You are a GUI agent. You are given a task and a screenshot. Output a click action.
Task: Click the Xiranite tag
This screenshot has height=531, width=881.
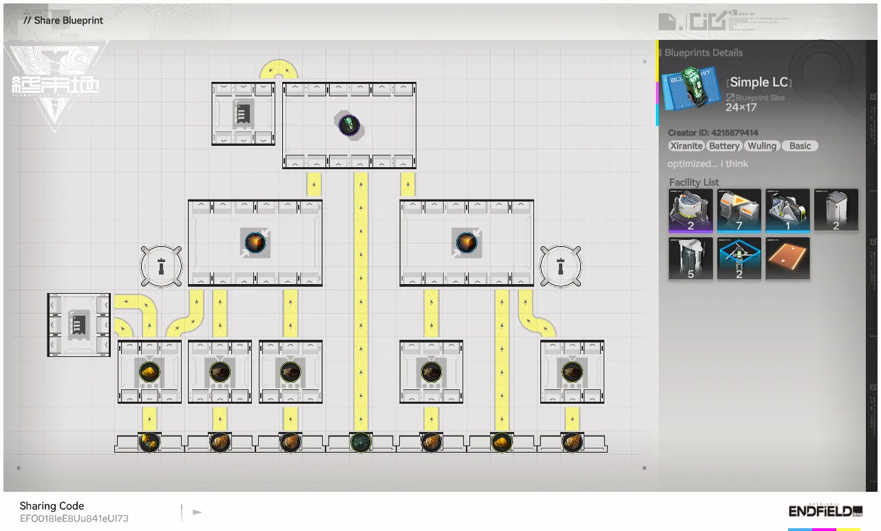point(686,146)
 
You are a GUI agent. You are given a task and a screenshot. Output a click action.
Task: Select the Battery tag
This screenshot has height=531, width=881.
point(724,146)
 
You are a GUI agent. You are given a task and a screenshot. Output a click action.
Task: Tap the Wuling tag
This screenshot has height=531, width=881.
point(762,146)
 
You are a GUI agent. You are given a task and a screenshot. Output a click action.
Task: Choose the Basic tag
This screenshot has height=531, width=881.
point(800,146)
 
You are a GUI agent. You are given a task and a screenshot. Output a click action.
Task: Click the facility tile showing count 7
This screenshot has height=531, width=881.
point(739,210)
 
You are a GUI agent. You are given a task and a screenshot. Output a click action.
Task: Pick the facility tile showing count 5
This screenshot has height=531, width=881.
point(690,259)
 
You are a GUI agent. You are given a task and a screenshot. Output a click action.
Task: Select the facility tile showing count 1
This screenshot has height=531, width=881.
point(787,210)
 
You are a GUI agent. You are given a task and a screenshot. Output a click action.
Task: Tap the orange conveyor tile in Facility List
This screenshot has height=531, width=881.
point(787,259)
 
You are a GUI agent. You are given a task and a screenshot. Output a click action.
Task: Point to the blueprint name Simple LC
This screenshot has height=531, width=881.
point(758,83)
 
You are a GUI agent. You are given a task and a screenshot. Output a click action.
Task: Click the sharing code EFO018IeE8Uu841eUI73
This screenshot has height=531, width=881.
point(74,519)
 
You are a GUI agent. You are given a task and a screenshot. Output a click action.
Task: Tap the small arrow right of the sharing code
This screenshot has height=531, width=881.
point(198,512)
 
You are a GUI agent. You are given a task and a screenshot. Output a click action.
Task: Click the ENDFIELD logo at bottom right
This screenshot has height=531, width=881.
point(825,511)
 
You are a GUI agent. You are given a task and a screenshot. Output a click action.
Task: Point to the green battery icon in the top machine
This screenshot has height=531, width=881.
point(350,125)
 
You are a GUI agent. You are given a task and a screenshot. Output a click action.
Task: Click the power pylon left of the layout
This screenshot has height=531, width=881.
point(161,265)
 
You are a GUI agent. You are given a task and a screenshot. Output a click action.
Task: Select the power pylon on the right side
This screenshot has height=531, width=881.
point(560,265)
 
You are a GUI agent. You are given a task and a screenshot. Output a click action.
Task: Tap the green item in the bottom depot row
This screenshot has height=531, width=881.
point(361,442)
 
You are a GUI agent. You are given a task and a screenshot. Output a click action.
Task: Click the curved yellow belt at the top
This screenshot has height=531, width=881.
point(279,69)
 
